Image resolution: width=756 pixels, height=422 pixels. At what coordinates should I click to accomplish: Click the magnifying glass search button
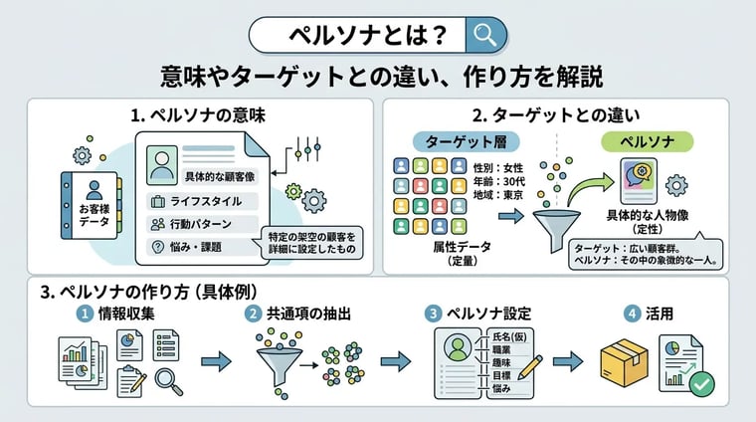(486, 35)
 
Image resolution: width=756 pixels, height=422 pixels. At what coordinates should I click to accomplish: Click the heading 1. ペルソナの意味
(198, 115)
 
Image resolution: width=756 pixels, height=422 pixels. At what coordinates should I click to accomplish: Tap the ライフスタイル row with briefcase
(202, 201)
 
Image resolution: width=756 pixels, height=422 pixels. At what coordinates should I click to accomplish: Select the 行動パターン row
(202, 224)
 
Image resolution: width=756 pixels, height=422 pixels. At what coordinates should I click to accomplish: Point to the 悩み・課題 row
(202, 247)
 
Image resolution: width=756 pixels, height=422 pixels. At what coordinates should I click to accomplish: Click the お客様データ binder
(91, 205)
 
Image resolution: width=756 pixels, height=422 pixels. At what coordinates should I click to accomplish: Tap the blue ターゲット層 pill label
(466, 141)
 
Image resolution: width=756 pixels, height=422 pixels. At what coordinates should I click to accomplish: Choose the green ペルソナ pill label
(647, 141)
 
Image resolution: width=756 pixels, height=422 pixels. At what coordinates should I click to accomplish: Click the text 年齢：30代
(498, 181)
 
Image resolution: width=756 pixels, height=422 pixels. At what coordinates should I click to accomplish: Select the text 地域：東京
(498, 195)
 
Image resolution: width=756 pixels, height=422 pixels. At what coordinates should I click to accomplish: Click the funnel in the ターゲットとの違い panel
(556, 230)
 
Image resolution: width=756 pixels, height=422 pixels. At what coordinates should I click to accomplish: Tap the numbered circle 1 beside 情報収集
(85, 314)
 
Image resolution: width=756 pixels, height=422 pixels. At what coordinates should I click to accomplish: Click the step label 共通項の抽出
(308, 314)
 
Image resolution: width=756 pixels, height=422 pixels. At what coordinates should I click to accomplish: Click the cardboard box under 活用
(624, 362)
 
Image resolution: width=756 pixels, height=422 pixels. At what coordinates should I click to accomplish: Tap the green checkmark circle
(701, 384)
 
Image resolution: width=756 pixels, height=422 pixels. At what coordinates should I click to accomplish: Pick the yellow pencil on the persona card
(529, 368)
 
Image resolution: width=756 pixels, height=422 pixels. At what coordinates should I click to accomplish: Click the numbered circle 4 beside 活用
(632, 314)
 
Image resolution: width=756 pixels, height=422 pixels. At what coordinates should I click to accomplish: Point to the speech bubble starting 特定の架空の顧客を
(312, 243)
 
